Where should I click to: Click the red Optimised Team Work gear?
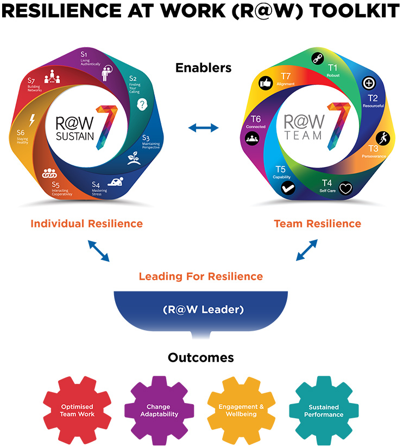[77, 410]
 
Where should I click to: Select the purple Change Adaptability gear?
[158, 410]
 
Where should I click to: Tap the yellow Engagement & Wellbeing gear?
[241, 410]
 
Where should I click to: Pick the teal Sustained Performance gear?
[324, 410]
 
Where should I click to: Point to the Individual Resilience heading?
[87, 224]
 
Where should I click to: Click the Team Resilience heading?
[317, 224]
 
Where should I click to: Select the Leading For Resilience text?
[201, 276]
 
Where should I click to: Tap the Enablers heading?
[203, 68]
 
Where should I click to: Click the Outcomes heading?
[201, 357]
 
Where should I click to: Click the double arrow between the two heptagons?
[203, 128]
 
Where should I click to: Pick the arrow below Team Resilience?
[307, 250]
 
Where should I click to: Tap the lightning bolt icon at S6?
[32, 119]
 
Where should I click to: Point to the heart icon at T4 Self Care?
[346, 189]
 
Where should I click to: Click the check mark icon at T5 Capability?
[287, 188]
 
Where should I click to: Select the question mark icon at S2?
[142, 103]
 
